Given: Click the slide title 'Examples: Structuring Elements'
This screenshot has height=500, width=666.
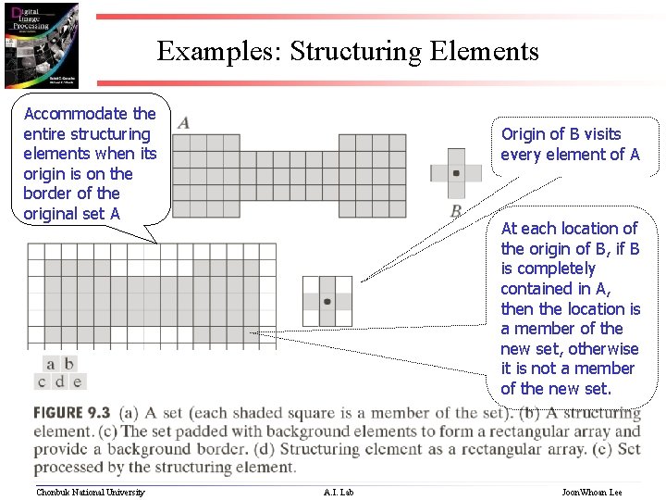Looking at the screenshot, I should pyautogui.click(x=347, y=51).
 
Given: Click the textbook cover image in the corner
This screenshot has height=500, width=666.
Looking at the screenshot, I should pyautogui.click(x=42, y=44).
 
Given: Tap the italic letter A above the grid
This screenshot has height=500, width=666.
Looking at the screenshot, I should pyautogui.click(x=184, y=122).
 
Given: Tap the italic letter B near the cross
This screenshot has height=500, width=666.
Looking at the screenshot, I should pyautogui.click(x=456, y=211).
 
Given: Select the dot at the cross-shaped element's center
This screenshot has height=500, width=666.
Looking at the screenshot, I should pyautogui.click(x=456, y=173).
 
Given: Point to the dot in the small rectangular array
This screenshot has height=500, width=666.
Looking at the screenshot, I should pyautogui.click(x=327, y=301).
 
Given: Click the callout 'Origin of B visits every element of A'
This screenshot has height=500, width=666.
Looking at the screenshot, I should pyautogui.click(x=570, y=144).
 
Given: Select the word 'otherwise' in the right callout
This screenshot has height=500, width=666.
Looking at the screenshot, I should pyautogui.click(x=603, y=348).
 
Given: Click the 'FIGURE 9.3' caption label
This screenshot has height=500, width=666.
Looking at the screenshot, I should pyautogui.click(x=72, y=413).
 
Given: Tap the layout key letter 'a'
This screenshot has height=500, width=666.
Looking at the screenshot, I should pyautogui.click(x=50, y=364).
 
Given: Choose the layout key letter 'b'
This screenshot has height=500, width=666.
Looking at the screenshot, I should pyautogui.click(x=68, y=364).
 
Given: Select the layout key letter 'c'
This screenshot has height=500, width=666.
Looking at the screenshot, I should pyautogui.click(x=42, y=381).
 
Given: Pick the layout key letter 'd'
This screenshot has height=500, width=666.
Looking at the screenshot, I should pyautogui.click(x=59, y=381).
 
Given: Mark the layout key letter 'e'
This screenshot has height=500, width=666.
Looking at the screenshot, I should pyautogui.click(x=77, y=381).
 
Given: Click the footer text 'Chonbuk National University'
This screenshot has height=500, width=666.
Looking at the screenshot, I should pyautogui.click(x=90, y=492).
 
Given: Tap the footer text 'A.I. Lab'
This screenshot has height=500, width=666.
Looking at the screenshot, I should pyautogui.click(x=338, y=492).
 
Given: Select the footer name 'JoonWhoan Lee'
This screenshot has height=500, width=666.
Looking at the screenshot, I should pyautogui.click(x=592, y=492).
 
